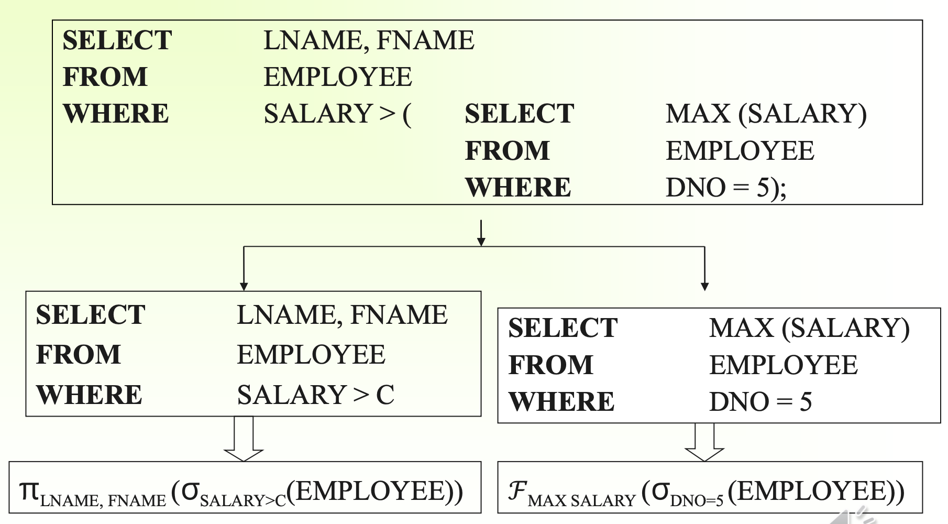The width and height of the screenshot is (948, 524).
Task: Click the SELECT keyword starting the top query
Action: click(x=117, y=40)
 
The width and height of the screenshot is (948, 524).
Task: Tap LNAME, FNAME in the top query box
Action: click(x=369, y=40)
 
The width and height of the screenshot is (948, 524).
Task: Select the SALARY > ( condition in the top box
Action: click(x=337, y=114)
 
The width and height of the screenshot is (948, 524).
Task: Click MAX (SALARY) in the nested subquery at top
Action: click(x=766, y=114)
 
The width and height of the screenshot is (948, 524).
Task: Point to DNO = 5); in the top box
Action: click(x=725, y=188)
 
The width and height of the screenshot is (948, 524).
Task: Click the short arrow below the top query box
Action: click(x=481, y=233)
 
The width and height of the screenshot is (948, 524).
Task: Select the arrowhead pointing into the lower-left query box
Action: click(x=244, y=286)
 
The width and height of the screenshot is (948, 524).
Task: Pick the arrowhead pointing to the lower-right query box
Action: click(x=704, y=286)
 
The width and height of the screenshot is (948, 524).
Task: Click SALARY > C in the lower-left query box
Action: click(x=315, y=395)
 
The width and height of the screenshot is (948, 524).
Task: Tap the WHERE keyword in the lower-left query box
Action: click(x=89, y=395)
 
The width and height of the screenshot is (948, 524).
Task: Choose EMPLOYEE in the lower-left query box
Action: click(x=311, y=355)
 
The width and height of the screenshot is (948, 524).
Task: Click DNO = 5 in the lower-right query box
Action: click(x=760, y=402)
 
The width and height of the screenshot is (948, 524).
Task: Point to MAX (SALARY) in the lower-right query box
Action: click(x=809, y=328)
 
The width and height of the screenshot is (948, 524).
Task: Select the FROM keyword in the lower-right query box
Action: click(x=550, y=365)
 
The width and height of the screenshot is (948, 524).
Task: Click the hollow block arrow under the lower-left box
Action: click(x=244, y=440)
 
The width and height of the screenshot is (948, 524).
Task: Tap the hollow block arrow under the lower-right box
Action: click(x=704, y=443)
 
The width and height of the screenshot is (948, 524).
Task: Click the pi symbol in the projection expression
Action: click(x=29, y=490)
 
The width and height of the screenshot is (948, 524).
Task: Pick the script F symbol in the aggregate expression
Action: click(x=517, y=491)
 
